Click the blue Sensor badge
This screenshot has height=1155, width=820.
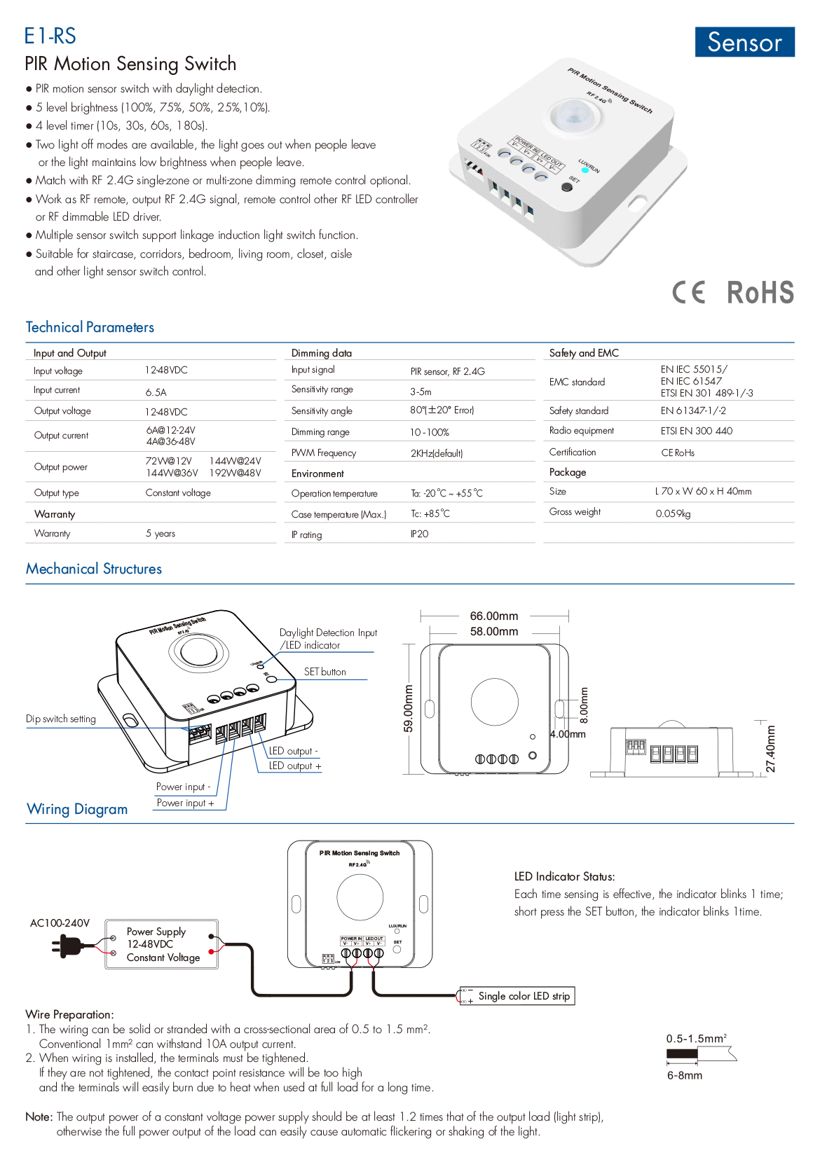pyautogui.click(x=744, y=42)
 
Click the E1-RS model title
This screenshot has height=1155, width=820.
pyautogui.click(x=50, y=36)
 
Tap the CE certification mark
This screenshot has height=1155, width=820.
pyautogui.click(x=689, y=292)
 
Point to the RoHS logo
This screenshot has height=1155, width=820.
pyautogui.click(x=760, y=292)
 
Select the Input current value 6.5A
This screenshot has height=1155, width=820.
pyautogui.click(x=156, y=392)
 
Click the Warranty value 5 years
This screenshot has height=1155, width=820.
pyautogui.click(x=160, y=534)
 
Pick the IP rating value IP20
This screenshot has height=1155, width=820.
pyautogui.click(x=419, y=534)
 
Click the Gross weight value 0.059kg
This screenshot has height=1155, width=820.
pyautogui.click(x=673, y=513)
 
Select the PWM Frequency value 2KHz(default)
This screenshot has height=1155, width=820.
pyautogui.click(x=437, y=453)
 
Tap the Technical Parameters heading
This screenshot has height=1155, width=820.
pyautogui.click(x=90, y=327)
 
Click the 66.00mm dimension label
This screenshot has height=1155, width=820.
pyautogui.click(x=494, y=616)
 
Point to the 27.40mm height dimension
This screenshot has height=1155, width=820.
pyautogui.click(x=771, y=748)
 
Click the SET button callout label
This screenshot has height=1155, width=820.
pyautogui.click(x=325, y=672)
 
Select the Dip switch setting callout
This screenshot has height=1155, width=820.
pyautogui.click(x=61, y=719)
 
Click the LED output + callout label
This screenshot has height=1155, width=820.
pyautogui.click(x=295, y=766)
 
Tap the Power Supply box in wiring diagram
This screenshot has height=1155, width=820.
pyautogui.click(x=162, y=945)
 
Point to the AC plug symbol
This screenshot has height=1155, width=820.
pyautogui.click(x=66, y=946)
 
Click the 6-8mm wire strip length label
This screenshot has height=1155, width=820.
pyautogui.click(x=685, y=1075)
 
